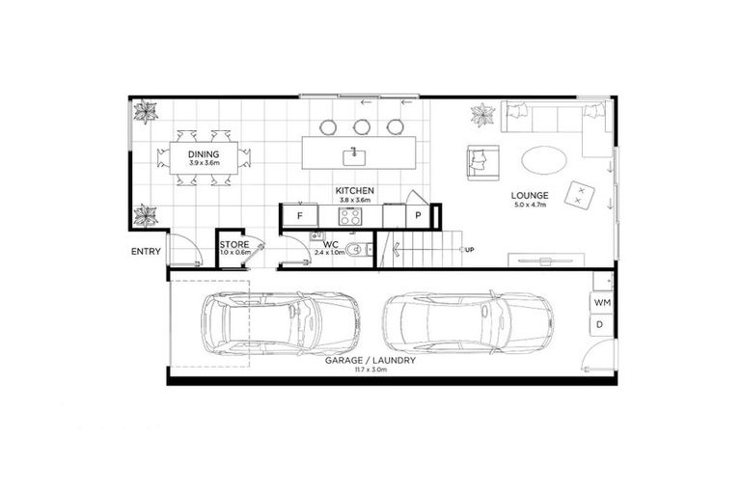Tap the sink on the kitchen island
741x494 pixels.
[x=354, y=152]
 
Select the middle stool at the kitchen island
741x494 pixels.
[x=362, y=125]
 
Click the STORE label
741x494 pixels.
[x=234, y=245]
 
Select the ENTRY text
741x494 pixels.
[x=147, y=253]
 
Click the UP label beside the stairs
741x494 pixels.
[x=469, y=251]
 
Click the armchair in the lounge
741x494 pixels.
[x=480, y=161]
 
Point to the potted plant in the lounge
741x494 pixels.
[x=482, y=119]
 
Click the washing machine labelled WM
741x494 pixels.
[x=601, y=302]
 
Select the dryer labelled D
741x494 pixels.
[x=600, y=325]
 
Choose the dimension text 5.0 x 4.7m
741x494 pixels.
[x=530, y=205]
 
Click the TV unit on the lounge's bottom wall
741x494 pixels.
[x=545, y=259]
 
